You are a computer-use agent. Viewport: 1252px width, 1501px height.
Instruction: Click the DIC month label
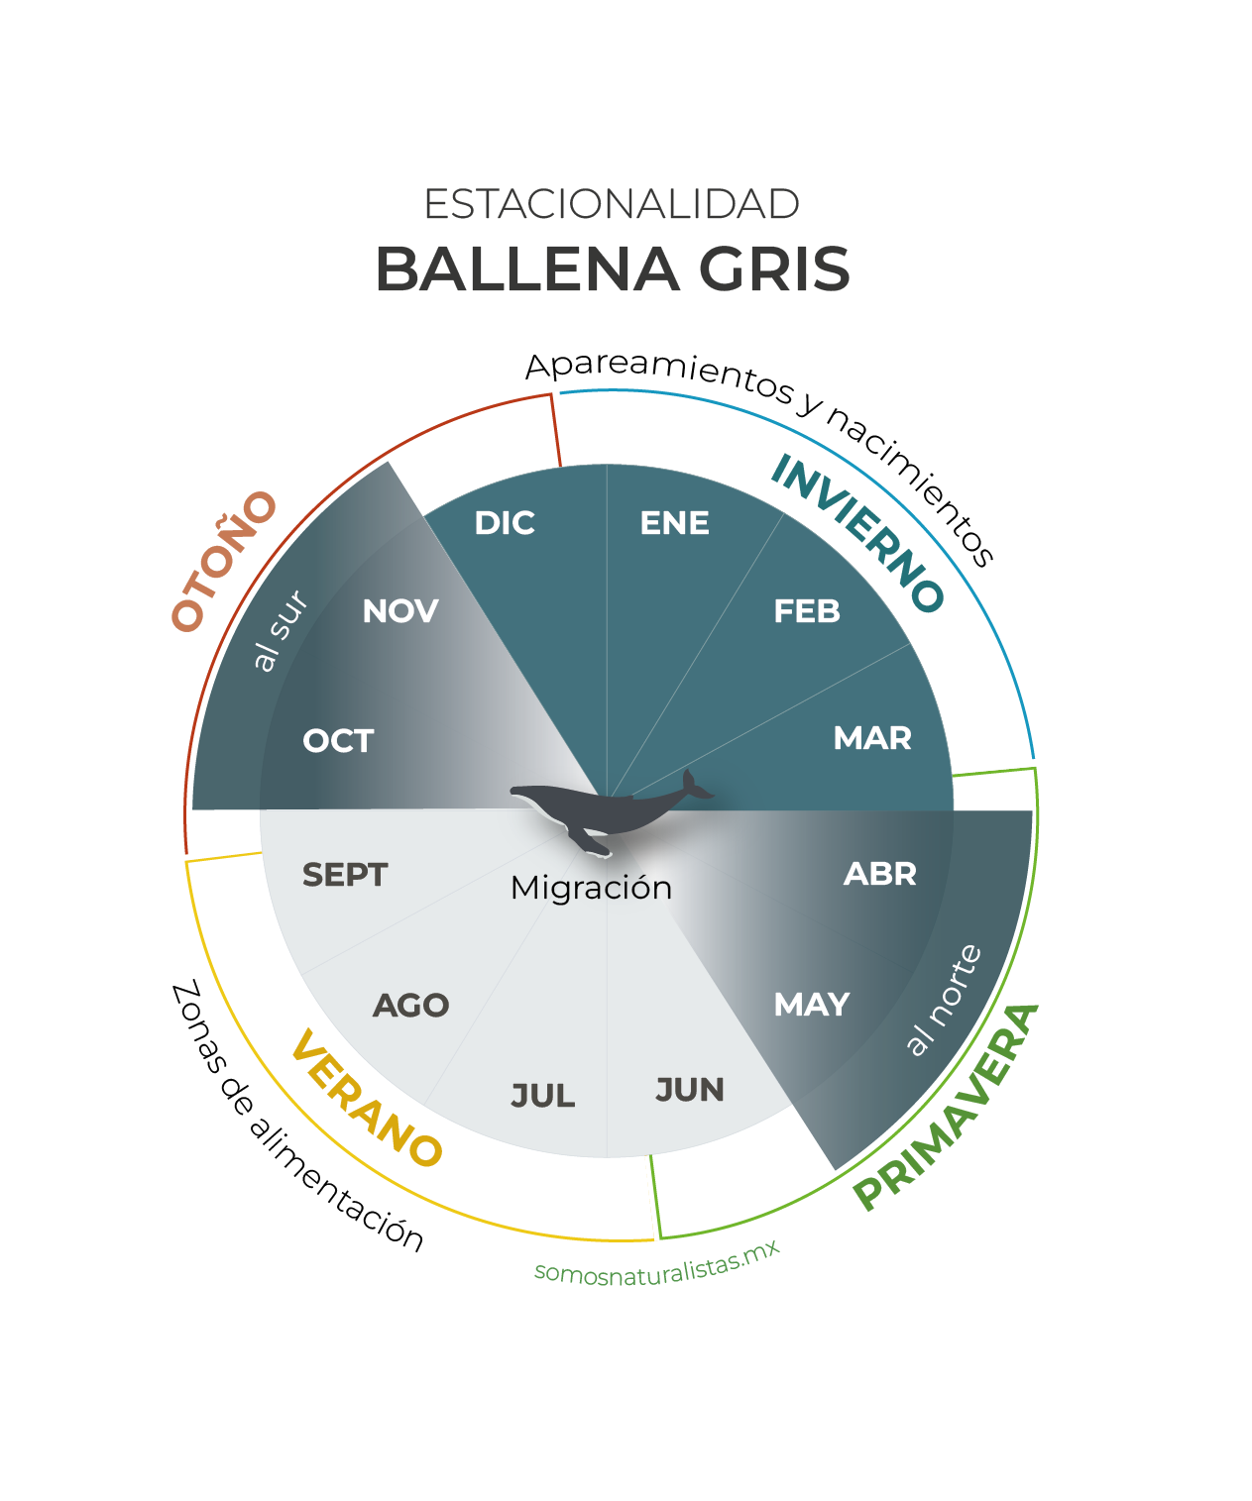505,522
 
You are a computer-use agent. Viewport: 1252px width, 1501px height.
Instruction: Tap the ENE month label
674,522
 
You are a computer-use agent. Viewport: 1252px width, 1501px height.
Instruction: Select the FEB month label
806,611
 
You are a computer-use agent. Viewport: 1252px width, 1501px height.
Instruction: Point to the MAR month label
871,737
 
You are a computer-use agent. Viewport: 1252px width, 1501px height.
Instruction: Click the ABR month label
879,874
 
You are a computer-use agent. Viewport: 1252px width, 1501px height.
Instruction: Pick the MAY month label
811,1005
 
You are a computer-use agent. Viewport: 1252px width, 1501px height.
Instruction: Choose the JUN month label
689,1089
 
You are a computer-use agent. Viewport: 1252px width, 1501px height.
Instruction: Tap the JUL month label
542,1096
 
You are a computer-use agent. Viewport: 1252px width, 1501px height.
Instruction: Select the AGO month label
410,1005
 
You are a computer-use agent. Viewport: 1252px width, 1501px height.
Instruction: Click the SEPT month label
344,874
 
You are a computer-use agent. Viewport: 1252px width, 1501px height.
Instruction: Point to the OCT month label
338,740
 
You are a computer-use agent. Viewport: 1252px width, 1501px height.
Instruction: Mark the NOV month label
399,611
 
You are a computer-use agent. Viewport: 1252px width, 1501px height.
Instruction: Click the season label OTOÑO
224,562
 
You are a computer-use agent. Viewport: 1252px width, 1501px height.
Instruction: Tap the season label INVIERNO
856,533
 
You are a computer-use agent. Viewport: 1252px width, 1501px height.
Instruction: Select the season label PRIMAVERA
946,1108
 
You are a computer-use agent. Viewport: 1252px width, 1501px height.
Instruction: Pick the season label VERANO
366,1097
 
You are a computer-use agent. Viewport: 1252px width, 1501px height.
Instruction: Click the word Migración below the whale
591,888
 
